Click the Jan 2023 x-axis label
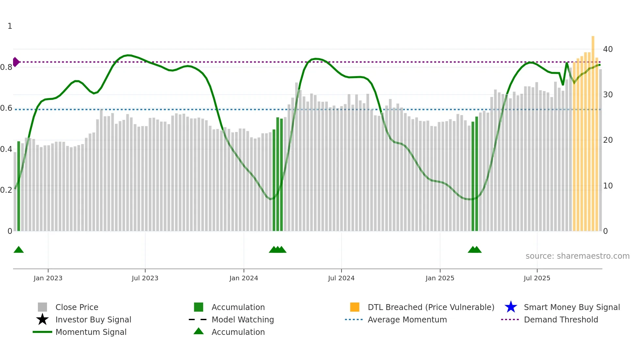tap(48, 278)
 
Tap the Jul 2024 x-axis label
tap(341, 278)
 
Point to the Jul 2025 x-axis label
tap(537, 278)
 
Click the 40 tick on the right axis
tap(608, 49)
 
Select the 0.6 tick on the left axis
tap(6, 108)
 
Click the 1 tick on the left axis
tap(10, 26)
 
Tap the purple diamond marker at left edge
tap(16, 62)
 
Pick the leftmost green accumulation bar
tap(19, 186)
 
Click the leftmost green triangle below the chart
tap(19, 250)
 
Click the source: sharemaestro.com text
tap(577, 256)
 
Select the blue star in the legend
tap(511, 307)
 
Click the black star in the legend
tap(42, 319)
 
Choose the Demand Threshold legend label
tap(561, 319)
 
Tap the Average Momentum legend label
tap(407, 319)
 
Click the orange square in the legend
tap(355, 307)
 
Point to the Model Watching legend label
tap(243, 319)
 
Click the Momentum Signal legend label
tap(91, 332)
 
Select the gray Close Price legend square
tap(42, 307)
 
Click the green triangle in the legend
tap(199, 331)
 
